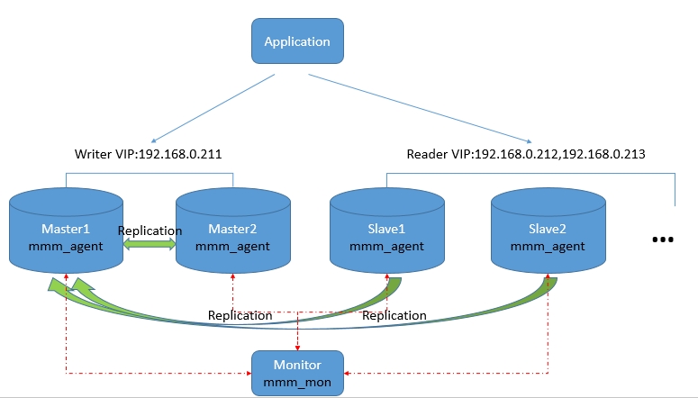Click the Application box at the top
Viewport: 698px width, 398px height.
point(296,42)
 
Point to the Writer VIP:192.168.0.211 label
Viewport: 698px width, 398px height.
point(148,154)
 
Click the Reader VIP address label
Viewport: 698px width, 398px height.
point(526,154)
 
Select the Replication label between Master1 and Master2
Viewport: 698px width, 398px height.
point(150,231)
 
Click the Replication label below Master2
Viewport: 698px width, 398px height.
point(240,315)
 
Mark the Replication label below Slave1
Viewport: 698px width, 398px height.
point(394,315)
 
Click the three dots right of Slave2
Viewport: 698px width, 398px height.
point(662,240)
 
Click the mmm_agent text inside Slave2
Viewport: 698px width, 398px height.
point(548,246)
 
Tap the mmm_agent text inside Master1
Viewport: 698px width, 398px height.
point(66,246)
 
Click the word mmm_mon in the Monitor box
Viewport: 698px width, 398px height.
point(297,382)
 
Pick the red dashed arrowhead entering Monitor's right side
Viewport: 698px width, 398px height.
point(349,373)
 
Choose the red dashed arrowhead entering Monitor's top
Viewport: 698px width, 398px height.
point(298,347)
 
